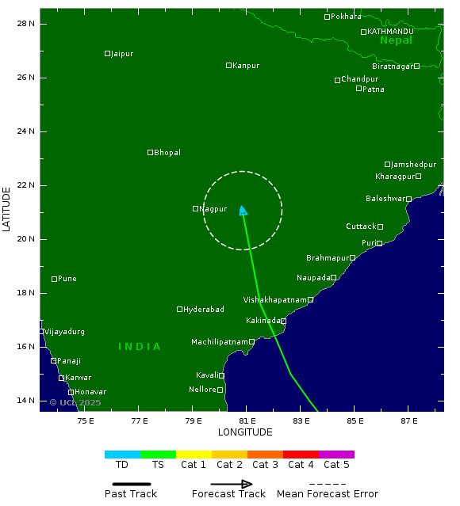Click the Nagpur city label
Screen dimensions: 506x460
tap(213, 209)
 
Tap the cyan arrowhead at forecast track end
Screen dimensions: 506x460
tap(243, 210)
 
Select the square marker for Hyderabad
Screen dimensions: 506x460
tap(180, 309)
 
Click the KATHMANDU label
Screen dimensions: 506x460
tap(390, 32)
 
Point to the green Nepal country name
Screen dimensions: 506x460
tap(396, 40)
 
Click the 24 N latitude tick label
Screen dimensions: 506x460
tap(26, 131)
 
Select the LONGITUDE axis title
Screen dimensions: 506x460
tap(245, 432)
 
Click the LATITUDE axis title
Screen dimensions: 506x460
tap(7, 209)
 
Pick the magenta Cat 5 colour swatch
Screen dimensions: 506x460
tap(336, 455)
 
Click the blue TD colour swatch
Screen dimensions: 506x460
tap(122, 455)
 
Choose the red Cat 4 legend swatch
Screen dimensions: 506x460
tap(301, 455)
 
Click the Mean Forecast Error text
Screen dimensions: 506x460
tap(327, 494)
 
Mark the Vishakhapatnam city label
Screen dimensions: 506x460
tap(274, 300)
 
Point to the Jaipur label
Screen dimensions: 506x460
tap(122, 54)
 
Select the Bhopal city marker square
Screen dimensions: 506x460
tap(150, 152)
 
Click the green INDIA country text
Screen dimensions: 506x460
tap(140, 347)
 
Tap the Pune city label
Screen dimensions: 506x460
tap(67, 279)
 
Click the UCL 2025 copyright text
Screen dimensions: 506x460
tap(75, 403)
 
